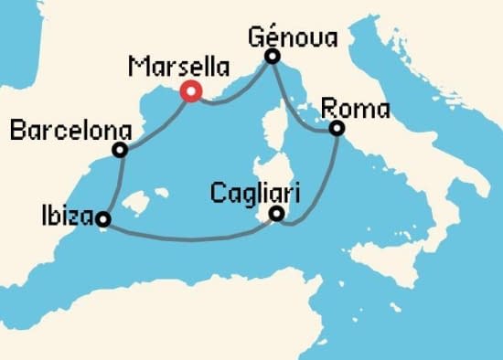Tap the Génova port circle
coord(272,57)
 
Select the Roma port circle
coord(337,128)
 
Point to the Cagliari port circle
coord(277,216)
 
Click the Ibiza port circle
coord(103,219)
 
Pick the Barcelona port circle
coord(119,150)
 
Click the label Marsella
coord(179,67)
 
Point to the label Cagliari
coord(254,193)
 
